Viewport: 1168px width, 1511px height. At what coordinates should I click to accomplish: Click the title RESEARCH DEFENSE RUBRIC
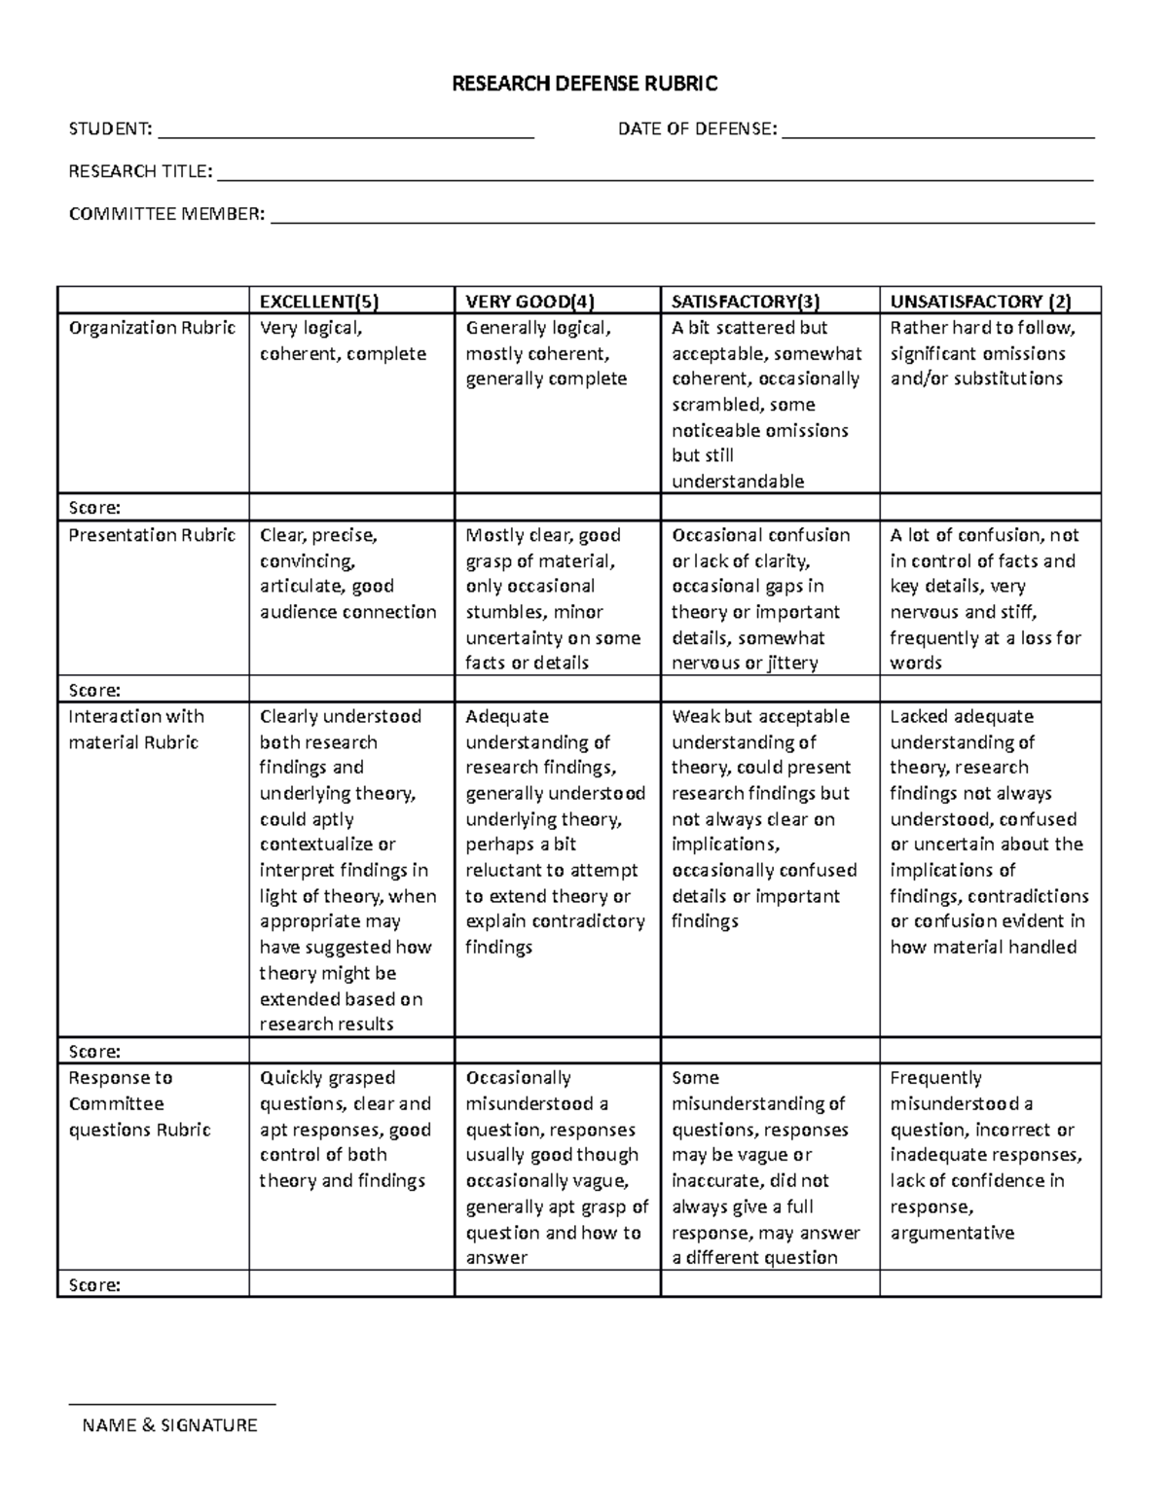click(x=584, y=84)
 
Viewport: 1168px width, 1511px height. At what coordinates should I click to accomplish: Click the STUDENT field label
click(x=110, y=128)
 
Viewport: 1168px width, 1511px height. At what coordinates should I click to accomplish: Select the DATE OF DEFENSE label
click(x=697, y=128)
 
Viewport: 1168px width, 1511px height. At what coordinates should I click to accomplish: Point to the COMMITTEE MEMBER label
click(x=166, y=214)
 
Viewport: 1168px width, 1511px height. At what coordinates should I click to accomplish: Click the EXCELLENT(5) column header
click(x=311, y=301)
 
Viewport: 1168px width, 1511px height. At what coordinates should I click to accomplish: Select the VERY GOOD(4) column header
click(x=529, y=301)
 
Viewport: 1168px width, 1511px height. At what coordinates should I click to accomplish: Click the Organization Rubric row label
click(x=152, y=328)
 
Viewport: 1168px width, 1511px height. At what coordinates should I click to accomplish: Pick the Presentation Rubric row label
click(x=152, y=535)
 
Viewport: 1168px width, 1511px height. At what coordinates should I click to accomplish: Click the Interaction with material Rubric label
click(x=136, y=729)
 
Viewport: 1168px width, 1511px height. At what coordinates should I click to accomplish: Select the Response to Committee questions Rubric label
click(x=139, y=1103)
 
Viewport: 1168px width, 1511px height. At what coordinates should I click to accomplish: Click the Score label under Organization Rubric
click(x=94, y=507)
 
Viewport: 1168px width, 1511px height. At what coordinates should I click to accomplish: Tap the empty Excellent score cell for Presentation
click(x=351, y=690)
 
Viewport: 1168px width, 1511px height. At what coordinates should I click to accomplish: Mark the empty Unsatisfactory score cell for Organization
click(x=990, y=507)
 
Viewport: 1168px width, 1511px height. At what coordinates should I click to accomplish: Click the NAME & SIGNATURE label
click(x=170, y=1425)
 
